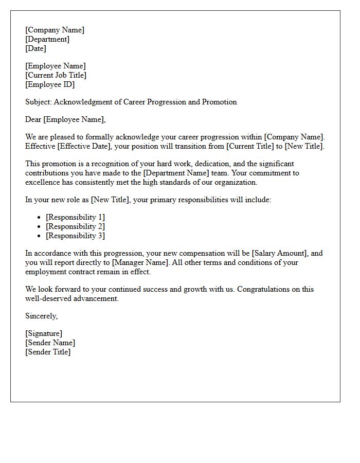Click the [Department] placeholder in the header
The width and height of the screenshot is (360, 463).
(x=47, y=39)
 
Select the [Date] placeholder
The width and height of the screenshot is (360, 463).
(x=35, y=48)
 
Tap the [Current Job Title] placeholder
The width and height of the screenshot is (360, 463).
(x=56, y=75)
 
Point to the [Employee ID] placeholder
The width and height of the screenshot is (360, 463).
(x=50, y=84)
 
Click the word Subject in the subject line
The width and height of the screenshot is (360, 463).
(x=38, y=102)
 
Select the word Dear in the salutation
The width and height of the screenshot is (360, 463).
(x=33, y=119)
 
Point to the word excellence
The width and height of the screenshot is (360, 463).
(x=43, y=182)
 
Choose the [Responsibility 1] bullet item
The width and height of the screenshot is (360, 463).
(x=75, y=217)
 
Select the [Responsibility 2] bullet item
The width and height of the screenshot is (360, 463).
(x=75, y=226)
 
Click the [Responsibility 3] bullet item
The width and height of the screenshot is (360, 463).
(x=75, y=236)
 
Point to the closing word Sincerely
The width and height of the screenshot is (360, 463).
(x=41, y=316)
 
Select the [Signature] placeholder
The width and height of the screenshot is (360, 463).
(x=44, y=333)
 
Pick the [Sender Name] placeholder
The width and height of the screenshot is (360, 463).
(x=50, y=343)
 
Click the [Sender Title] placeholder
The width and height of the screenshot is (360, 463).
(x=48, y=352)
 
